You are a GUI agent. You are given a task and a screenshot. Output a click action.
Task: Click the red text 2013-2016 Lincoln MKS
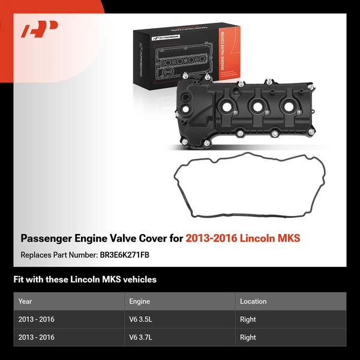pos(243,238)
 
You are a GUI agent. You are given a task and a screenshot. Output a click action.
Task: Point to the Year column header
pos(25,301)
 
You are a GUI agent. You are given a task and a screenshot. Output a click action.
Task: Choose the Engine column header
pos(139,301)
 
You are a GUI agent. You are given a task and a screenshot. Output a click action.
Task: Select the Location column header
pos(253,301)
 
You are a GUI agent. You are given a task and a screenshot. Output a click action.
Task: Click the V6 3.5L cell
pos(141,319)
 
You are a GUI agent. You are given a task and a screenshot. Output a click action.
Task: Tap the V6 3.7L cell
pos(141,337)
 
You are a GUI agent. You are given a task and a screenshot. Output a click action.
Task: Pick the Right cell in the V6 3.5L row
pos(248,319)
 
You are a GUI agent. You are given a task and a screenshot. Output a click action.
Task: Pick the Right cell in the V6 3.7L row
pos(248,337)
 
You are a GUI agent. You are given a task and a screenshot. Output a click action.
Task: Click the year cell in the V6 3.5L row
pos(37,319)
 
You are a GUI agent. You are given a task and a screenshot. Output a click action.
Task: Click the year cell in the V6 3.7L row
pos(37,337)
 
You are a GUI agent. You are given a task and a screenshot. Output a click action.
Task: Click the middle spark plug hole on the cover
pos(258,107)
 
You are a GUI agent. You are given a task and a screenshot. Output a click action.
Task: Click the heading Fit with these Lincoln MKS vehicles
pos(85,280)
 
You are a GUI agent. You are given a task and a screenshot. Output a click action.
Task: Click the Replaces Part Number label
pos(58,254)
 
